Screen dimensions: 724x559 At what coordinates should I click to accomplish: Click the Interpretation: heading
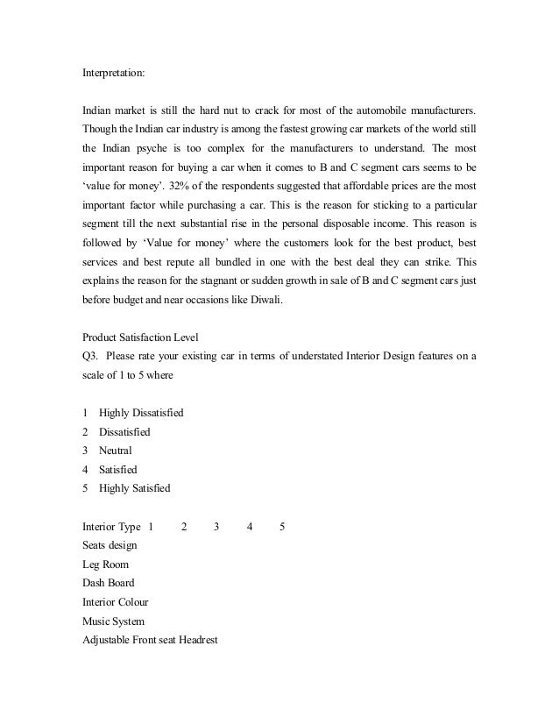114,74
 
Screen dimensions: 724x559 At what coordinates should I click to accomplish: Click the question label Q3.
91,355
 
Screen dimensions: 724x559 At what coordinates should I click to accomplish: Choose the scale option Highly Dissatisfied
141,412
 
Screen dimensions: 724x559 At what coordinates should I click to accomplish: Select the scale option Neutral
116,450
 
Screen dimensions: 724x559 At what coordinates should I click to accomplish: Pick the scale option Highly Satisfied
135,487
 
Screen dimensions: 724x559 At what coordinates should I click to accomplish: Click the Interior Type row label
111,526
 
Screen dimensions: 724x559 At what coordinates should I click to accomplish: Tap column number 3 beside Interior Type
216,526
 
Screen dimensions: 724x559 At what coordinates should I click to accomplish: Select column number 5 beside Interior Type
281,526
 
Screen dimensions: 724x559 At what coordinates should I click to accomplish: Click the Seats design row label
110,545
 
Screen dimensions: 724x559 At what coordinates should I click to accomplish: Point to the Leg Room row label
105,564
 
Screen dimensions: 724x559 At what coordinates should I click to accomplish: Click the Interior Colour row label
116,602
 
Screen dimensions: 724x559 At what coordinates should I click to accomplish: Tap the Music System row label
113,621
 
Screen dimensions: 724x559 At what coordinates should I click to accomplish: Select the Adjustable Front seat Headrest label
149,640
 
